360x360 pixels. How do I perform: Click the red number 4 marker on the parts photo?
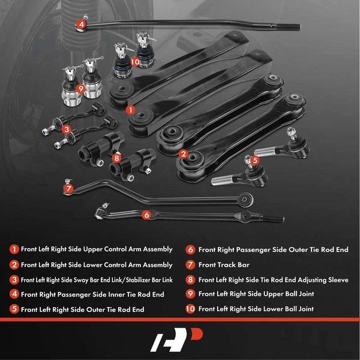(x=81, y=25)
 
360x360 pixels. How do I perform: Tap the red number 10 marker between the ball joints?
(x=134, y=61)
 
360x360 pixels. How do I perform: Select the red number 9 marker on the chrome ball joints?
(x=80, y=88)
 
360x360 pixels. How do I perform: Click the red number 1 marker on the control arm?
(x=131, y=110)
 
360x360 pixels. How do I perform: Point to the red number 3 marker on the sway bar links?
(x=66, y=128)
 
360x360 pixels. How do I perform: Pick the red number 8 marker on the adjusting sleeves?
(x=116, y=158)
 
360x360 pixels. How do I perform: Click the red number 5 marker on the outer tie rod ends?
(x=254, y=160)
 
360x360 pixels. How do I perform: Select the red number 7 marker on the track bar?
(x=69, y=188)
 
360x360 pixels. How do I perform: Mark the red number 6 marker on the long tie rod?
(x=146, y=214)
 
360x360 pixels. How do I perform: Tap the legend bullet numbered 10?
(x=190, y=309)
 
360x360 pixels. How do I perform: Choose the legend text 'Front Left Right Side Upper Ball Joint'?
(x=256, y=294)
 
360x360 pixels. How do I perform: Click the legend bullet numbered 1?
(x=13, y=249)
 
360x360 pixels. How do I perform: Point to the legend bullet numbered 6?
(x=190, y=249)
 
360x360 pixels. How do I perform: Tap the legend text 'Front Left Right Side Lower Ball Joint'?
(x=256, y=309)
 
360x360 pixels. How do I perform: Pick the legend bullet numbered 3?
(x=13, y=279)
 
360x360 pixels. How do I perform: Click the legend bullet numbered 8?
(x=190, y=279)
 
